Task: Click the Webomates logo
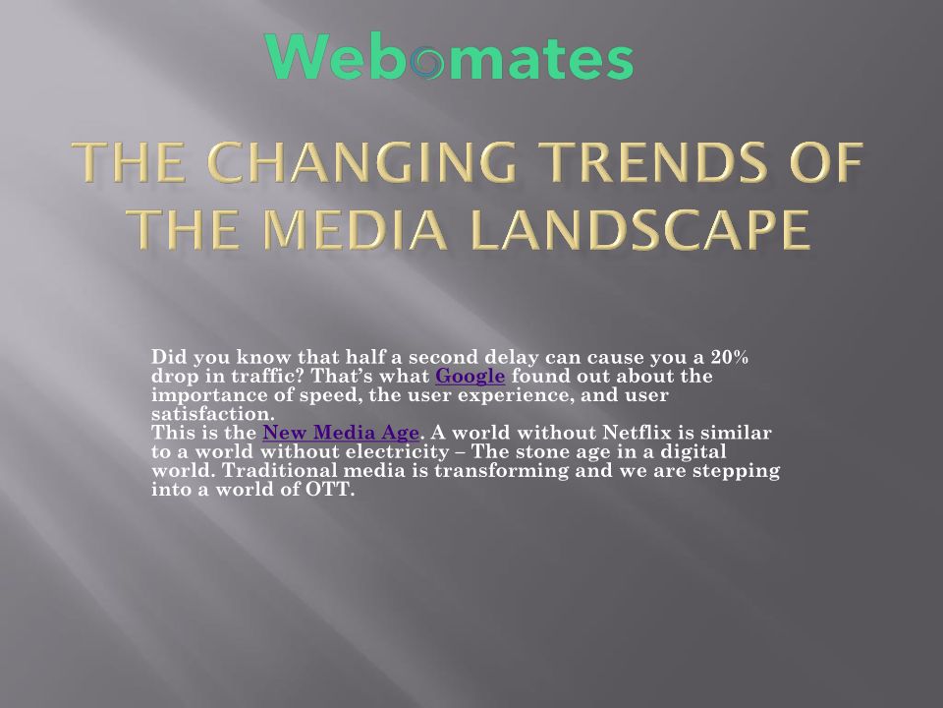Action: pyautogui.click(x=449, y=56)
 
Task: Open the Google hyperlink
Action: pyautogui.click(x=470, y=376)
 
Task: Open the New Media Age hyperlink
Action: pyautogui.click(x=341, y=433)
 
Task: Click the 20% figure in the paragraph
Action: pyautogui.click(x=730, y=357)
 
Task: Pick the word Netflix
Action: pyautogui.click(x=636, y=433)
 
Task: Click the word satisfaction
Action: pyautogui.click(x=212, y=414)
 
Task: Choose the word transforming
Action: pyautogui.click(x=502, y=470)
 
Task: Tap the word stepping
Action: pyautogui.click(x=736, y=470)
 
